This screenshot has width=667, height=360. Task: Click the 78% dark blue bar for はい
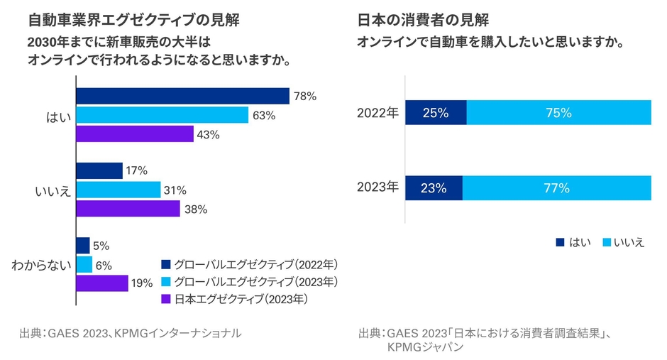point(182,96)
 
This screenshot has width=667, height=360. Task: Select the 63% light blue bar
point(162,115)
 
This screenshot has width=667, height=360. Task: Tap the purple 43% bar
point(135,134)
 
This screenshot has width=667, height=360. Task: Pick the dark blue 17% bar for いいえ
point(99,171)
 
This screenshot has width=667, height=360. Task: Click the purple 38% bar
point(128,209)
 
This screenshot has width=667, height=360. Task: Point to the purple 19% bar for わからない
point(102,283)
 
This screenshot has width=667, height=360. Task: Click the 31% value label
point(175,190)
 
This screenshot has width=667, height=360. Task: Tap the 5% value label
point(101,246)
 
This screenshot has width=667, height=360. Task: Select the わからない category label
point(40,265)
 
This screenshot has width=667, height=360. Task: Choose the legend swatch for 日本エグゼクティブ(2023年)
point(165,300)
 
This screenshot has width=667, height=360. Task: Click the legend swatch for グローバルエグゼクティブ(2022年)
point(165,265)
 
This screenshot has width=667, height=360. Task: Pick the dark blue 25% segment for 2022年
point(436,112)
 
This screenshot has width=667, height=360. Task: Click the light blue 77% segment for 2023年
point(557,188)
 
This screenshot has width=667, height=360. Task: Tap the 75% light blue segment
point(559,112)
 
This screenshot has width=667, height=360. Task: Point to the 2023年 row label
point(377,188)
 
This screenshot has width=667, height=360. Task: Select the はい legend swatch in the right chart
point(561,243)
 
